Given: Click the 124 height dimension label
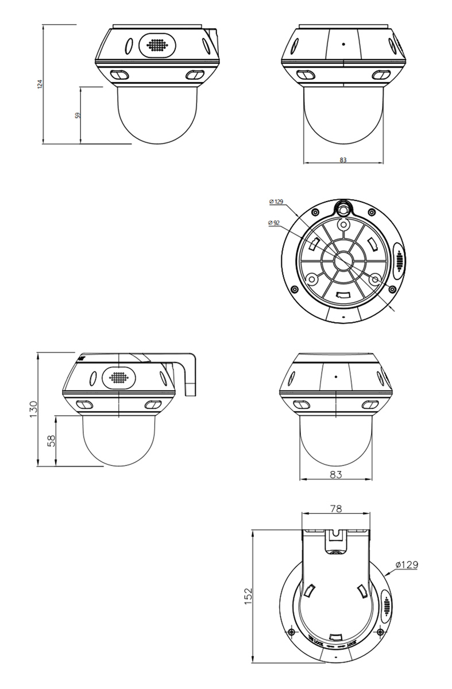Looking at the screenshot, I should [40, 84].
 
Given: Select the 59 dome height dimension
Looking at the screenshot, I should [78, 115].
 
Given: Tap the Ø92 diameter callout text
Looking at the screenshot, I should [275, 222].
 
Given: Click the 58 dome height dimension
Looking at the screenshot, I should [51, 440].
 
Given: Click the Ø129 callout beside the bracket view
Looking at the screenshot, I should [407, 565].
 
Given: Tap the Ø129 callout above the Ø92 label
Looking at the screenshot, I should [276, 202].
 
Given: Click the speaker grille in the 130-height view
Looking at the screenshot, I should [118, 378].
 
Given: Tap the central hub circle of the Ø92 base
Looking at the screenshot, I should [343, 258].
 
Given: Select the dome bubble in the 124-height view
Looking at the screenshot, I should [157, 115].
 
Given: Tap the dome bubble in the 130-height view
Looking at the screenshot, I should [118, 439].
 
